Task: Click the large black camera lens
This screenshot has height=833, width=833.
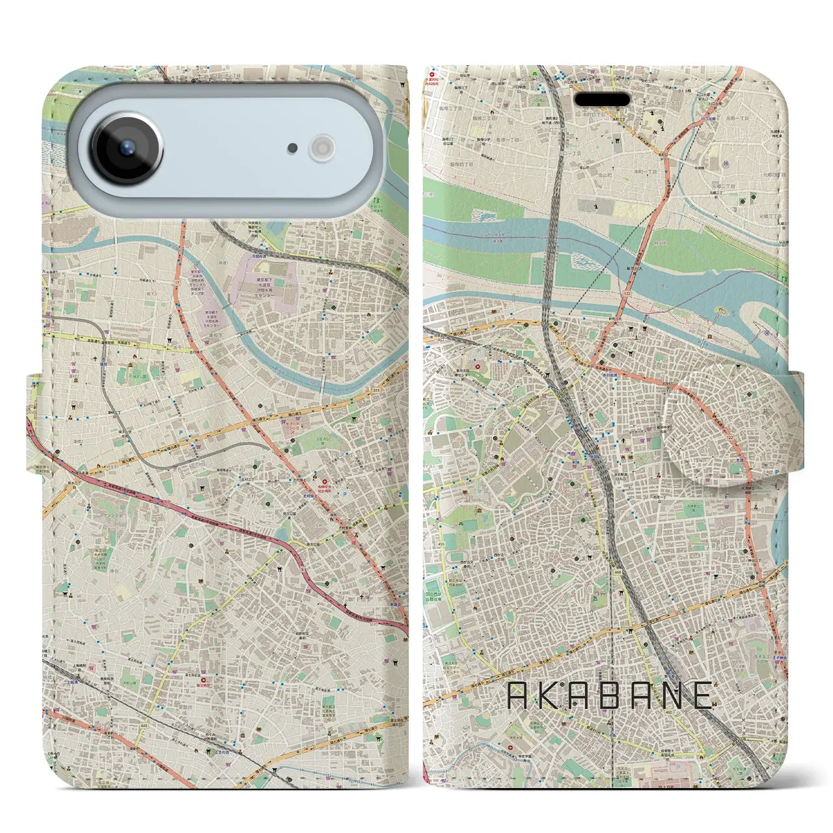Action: (126, 148)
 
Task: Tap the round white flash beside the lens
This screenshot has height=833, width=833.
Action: (321, 148)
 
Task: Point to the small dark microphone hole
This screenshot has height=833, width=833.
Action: (293, 148)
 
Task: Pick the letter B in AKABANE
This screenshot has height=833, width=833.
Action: (609, 696)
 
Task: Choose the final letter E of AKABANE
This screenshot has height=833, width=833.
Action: (703, 696)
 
